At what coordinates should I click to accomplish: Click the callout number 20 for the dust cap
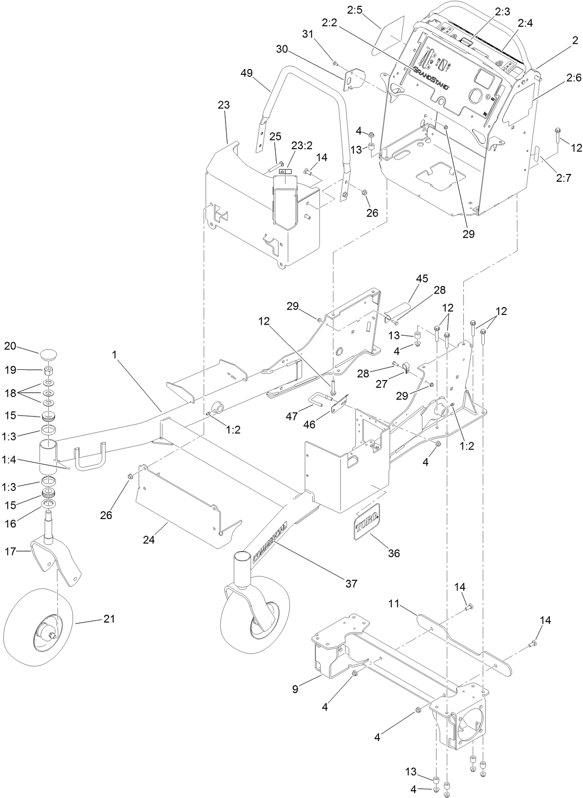click(10, 346)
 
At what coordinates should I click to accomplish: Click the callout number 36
click(394, 553)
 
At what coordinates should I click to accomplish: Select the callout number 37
click(351, 583)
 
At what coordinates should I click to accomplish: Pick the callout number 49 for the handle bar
click(247, 73)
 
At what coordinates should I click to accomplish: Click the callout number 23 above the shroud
click(224, 105)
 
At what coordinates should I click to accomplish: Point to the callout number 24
click(148, 539)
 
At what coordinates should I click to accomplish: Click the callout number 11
click(394, 604)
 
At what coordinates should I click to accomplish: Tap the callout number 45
click(422, 278)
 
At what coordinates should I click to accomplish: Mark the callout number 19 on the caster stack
click(10, 370)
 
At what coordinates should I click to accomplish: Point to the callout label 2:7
click(563, 178)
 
